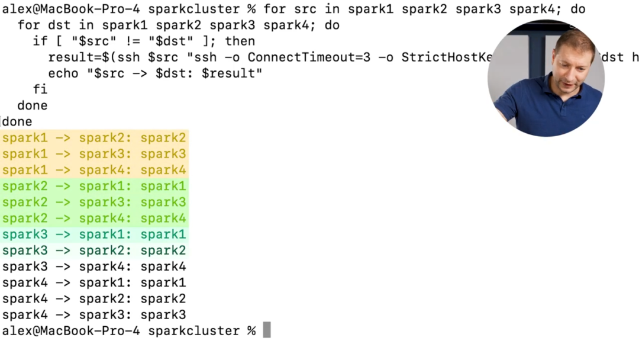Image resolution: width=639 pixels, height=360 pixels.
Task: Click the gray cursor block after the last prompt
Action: tap(267, 330)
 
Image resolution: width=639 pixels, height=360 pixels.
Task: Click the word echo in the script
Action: tap(63, 73)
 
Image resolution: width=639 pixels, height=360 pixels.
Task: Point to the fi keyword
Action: tap(40, 89)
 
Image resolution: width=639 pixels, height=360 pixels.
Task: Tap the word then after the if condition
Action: tap(240, 41)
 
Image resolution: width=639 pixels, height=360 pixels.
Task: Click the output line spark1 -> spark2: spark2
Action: tap(94, 138)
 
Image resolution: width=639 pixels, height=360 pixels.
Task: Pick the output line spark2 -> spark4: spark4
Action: tap(94, 218)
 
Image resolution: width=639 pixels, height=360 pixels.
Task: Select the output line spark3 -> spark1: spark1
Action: tap(94, 234)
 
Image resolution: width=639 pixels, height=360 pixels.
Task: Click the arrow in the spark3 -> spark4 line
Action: tap(63, 266)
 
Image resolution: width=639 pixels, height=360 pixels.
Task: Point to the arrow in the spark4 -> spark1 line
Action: tap(63, 282)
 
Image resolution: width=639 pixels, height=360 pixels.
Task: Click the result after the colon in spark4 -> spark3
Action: tap(163, 314)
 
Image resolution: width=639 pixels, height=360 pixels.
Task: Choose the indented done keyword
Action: tap(33, 105)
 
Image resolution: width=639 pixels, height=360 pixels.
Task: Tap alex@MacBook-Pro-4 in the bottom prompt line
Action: tap(71, 330)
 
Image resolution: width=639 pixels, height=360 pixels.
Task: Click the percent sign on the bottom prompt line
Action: tap(251, 330)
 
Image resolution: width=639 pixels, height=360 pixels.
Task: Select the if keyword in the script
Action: tap(40, 41)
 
